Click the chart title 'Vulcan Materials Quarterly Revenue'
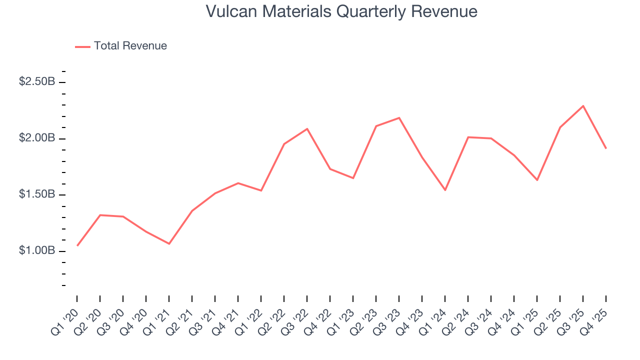click(341, 11)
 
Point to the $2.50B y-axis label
click(37, 81)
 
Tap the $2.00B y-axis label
click(37, 138)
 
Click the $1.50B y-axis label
click(37, 194)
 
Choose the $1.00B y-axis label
click(37, 250)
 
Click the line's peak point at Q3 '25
click(583, 106)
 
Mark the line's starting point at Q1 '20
click(77, 245)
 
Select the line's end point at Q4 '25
click(606, 148)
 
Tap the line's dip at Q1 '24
click(445, 190)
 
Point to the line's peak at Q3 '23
click(399, 118)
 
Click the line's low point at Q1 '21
click(169, 243)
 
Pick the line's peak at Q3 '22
click(307, 129)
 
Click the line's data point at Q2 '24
click(468, 137)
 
